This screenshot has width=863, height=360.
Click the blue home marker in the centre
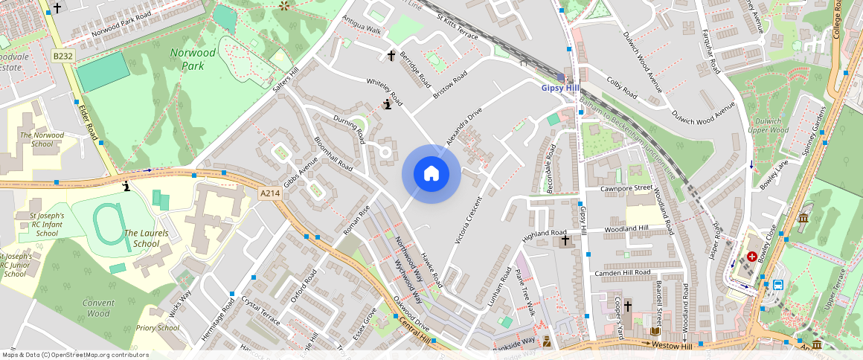coord(431,174)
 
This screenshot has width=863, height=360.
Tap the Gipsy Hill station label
coord(561,88)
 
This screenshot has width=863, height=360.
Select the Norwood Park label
coord(193,59)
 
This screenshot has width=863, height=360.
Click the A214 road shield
coord(270,193)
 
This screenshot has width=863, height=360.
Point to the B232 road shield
coord(62,56)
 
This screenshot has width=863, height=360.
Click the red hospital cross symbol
coord(752,257)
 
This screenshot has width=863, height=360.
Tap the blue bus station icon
coord(777,284)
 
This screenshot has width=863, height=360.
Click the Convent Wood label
coord(98,308)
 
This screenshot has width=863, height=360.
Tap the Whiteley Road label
coord(385,91)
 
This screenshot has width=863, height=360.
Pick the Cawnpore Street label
coord(626,188)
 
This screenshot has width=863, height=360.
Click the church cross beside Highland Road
coord(565,240)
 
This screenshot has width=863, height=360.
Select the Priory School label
coord(158,328)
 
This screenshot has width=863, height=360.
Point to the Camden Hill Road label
coord(623,274)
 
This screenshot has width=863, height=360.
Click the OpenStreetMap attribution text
coord(74,355)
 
